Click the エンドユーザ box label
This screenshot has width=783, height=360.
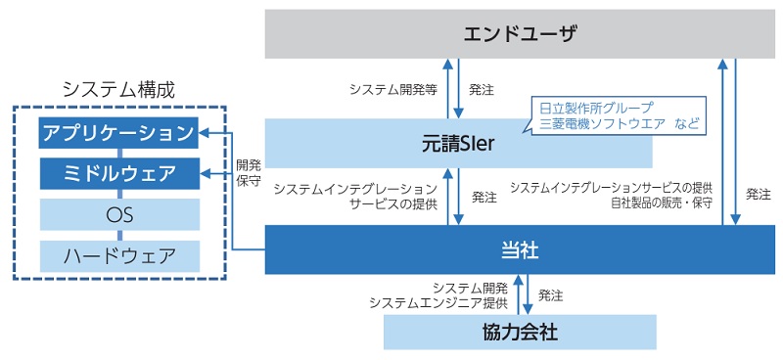pyautogui.click(x=520, y=36)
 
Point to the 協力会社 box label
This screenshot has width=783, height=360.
pyautogui.click(x=520, y=332)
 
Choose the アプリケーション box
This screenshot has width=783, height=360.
pyautogui.click(x=118, y=132)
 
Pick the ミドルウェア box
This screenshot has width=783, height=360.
pyautogui.click(x=118, y=174)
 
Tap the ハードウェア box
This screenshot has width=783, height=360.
pyautogui.click(x=118, y=256)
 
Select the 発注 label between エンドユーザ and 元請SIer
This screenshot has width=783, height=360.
pyautogui.click(x=482, y=89)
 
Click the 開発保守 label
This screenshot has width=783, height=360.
pyautogui.click(x=248, y=172)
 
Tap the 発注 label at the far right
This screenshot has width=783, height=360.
pyautogui.click(x=758, y=194)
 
